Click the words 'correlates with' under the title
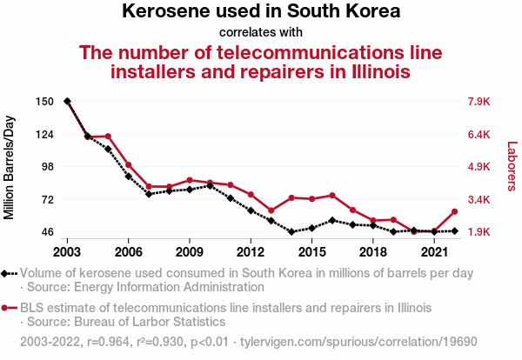[x=261, y=33]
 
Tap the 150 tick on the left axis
[x=46, y=102]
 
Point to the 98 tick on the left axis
[x=46, y=167]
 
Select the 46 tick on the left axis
[x=46, y=232]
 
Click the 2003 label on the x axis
[x=67, y=252]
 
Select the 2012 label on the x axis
[x=251, y=252]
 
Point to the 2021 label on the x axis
[x=434, y=252]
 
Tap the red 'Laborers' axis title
[x=512, y=167]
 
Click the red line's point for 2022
[x=454, y=212]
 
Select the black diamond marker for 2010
[x=210, y=186]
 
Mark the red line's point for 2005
[x=108, y=137]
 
